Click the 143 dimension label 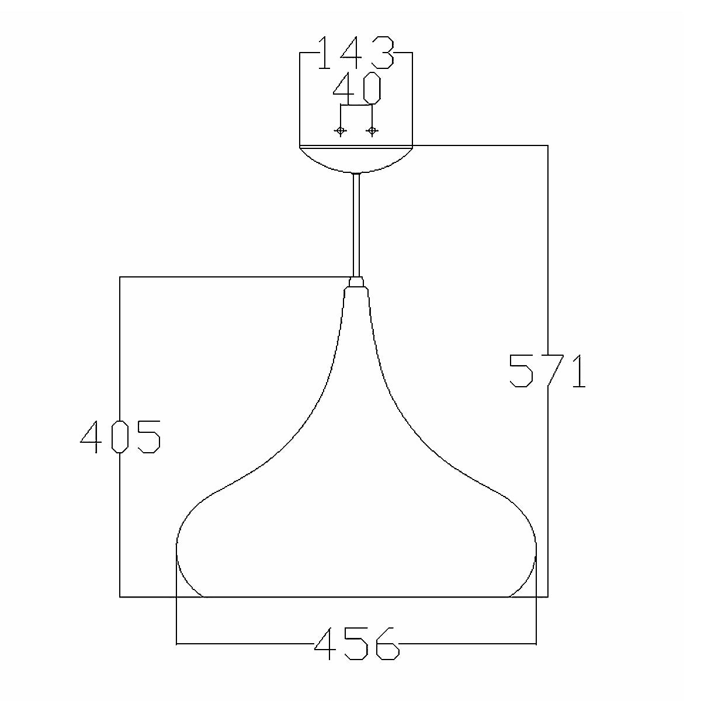pos(356,54)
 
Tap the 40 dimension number pos(357,88)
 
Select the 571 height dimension pos(547,371)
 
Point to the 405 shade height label pos(120,437)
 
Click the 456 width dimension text pos(356,644)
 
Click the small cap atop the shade pos(356,283)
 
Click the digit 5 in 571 pos(520,371)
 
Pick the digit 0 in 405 pos(120,437)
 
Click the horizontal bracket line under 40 pos(356,106)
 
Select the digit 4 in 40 pos(344,88)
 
